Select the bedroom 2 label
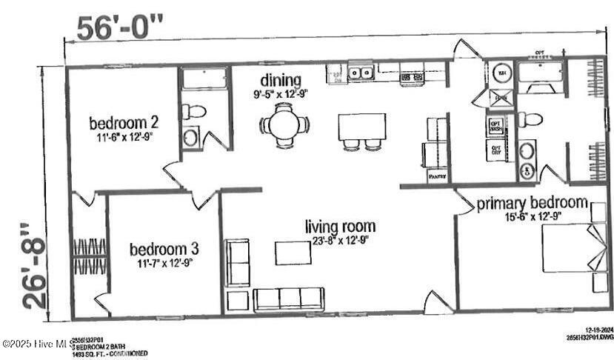click(124, 122)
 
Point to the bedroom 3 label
click(164, 248)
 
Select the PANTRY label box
click(436, 176)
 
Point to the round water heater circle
click(501, 74)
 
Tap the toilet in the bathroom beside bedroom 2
click(196, 112)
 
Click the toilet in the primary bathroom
click(530, 119)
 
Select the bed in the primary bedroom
click(569, 248)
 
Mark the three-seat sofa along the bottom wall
click(288, 299)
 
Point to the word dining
click(281, 80)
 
